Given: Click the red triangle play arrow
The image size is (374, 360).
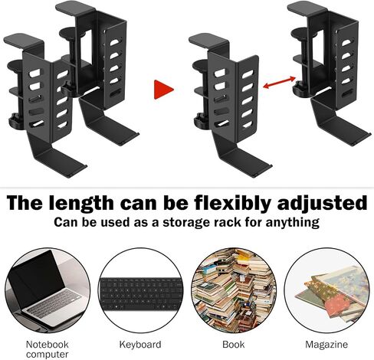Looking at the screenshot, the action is pyautogui.click(x=162, y=90).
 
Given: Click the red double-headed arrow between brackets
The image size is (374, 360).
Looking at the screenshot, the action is pyautogui.click(x=279, y=83).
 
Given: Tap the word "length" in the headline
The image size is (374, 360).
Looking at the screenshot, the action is pyautogui.click(x=81, y=204).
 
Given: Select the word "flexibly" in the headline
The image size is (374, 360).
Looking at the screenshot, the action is pyautogui.click(x=232, y=204).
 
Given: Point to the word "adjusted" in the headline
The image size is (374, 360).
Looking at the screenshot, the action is pyautogui.click(x=323, y=204).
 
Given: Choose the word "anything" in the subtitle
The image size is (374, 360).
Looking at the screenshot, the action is pyautogui.click(x=292, y=222).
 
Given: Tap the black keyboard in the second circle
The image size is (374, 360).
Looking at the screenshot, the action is pyautogui.click(x=141, y=293).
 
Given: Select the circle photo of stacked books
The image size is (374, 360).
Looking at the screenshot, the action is pyautogui.click(x=234, y=290).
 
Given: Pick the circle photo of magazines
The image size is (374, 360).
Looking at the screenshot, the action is pyautogui.click(x=326, y=290).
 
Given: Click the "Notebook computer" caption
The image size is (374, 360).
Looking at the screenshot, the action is pyautogui.click(x=48, y=349).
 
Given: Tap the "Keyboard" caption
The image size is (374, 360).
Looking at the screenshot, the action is pyautogui.click(x=140, y=345).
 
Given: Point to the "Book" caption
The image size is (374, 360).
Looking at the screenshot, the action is pyautogui.click(x=234, y=345).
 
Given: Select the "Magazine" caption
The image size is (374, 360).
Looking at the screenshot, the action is pyautogui.click(x=326, y=345).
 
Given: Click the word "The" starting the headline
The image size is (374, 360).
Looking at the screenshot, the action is pyautogui.click(x=25, y=203).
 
